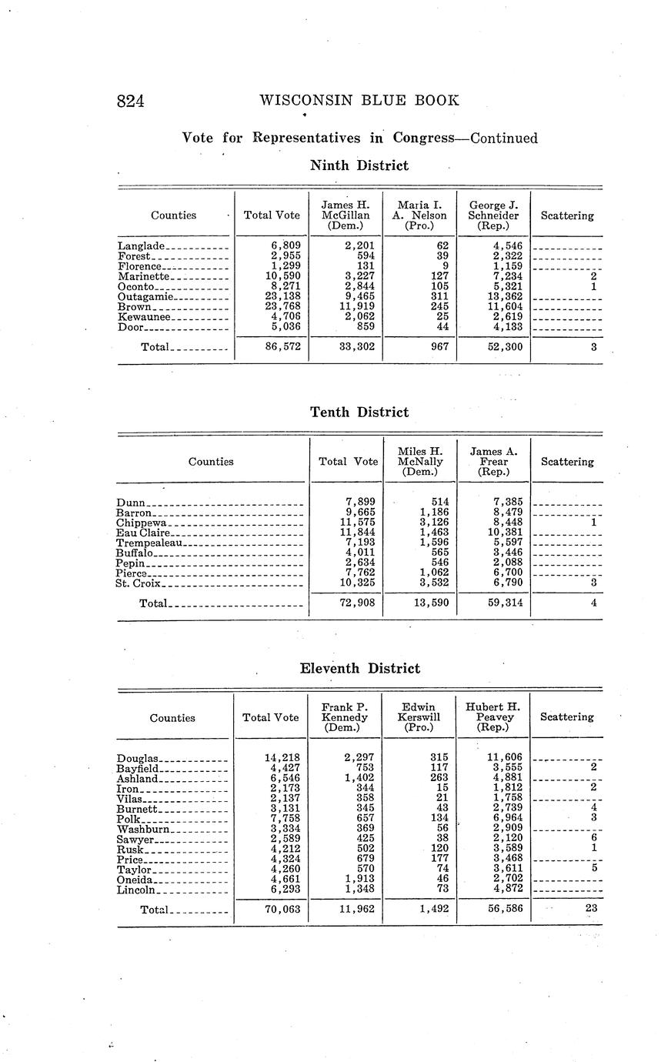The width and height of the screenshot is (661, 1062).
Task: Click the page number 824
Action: click(131, 101)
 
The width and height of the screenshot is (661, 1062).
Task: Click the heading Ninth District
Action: click(359, 165)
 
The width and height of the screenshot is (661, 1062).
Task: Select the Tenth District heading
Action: click(359, 412)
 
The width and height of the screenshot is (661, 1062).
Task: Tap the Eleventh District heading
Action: click(359, 669)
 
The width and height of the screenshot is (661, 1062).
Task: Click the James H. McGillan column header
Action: click(346, 215)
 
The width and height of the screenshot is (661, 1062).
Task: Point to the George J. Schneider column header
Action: click(493, 215)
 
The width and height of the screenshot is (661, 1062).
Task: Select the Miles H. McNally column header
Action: click(420, 461)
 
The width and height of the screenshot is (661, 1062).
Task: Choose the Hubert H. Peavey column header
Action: click(492, 717)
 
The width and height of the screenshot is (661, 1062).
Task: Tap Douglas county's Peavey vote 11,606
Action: click(504, 758)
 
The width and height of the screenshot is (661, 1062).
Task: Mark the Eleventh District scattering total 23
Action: click(590, 909)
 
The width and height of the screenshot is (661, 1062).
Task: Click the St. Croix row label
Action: click(139, 583)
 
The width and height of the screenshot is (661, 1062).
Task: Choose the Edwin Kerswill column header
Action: click(419, 717)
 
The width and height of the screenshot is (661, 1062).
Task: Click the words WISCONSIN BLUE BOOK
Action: click(359, 100)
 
